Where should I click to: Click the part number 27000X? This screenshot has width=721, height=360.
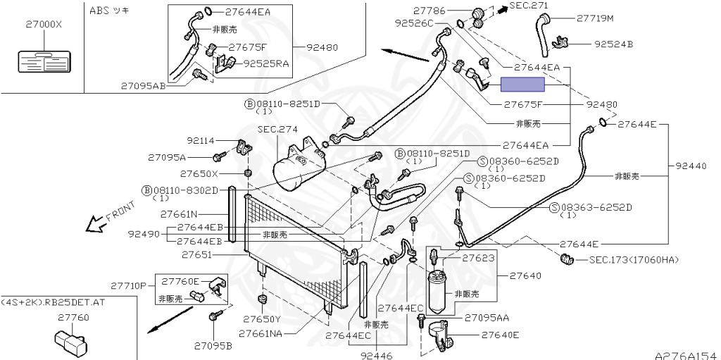point(44,24)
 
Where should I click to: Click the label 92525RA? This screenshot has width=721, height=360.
point(266,63)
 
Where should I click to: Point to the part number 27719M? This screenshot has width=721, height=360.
point(595,18)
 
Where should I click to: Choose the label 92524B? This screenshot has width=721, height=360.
point(613,44)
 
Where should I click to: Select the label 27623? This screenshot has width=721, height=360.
point(479,259)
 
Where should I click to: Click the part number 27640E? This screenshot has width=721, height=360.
point(500,335)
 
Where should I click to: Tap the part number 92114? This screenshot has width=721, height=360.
point(201,141)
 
